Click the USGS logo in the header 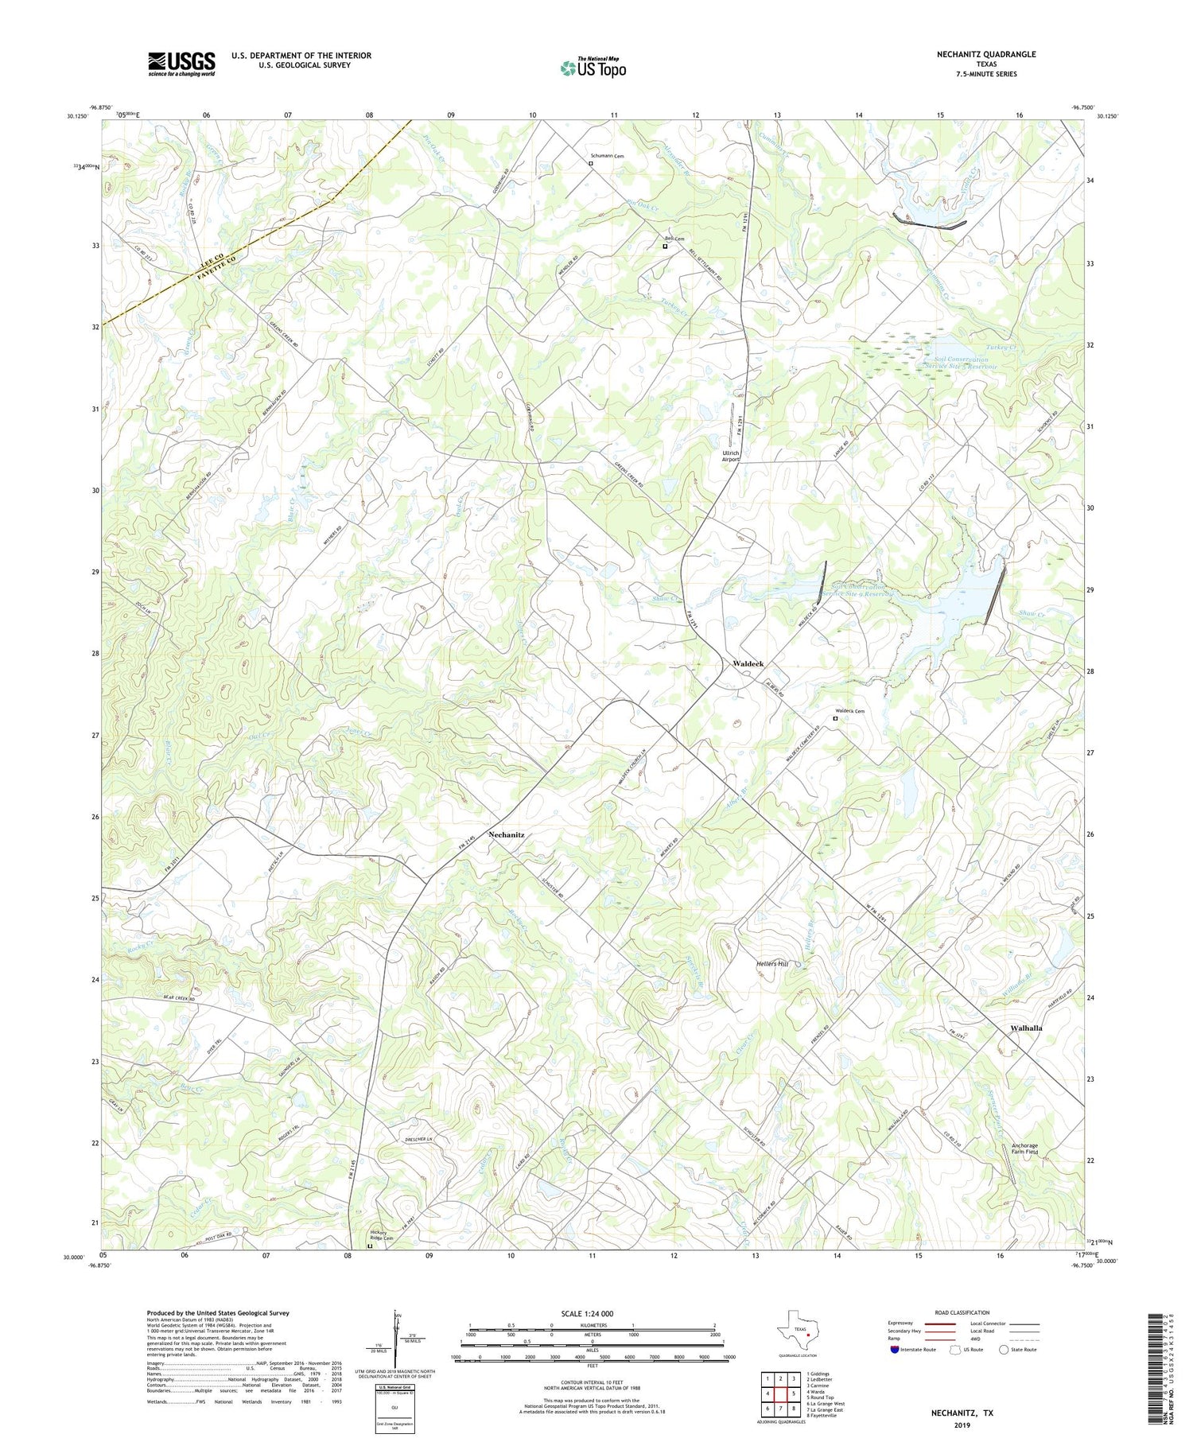point(181,63)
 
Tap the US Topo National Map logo point(593,68)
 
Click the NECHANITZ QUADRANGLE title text point(986,54)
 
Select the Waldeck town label point(748,663)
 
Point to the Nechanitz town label point(506,834)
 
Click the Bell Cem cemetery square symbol point(666,247)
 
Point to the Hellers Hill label point(771,963)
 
